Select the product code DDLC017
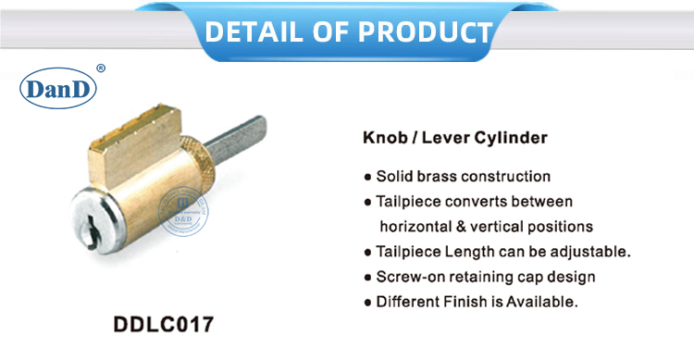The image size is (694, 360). (x=162, y=325)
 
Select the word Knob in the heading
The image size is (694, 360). (x=383, y=139)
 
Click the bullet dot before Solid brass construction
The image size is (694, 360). (x=367, y=177)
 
